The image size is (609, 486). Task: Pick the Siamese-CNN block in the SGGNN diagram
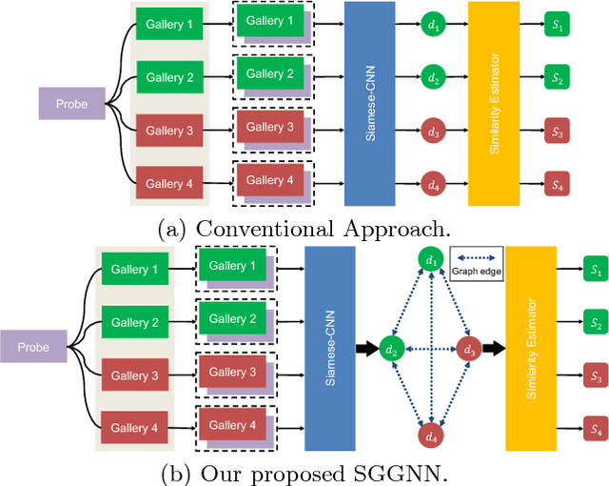328,348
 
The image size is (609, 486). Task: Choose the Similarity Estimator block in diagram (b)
531,348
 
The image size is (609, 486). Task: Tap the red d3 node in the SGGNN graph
467,349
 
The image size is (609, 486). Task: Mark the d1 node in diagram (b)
432,260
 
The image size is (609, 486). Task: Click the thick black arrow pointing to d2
364,349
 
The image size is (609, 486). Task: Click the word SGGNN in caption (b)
371,472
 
